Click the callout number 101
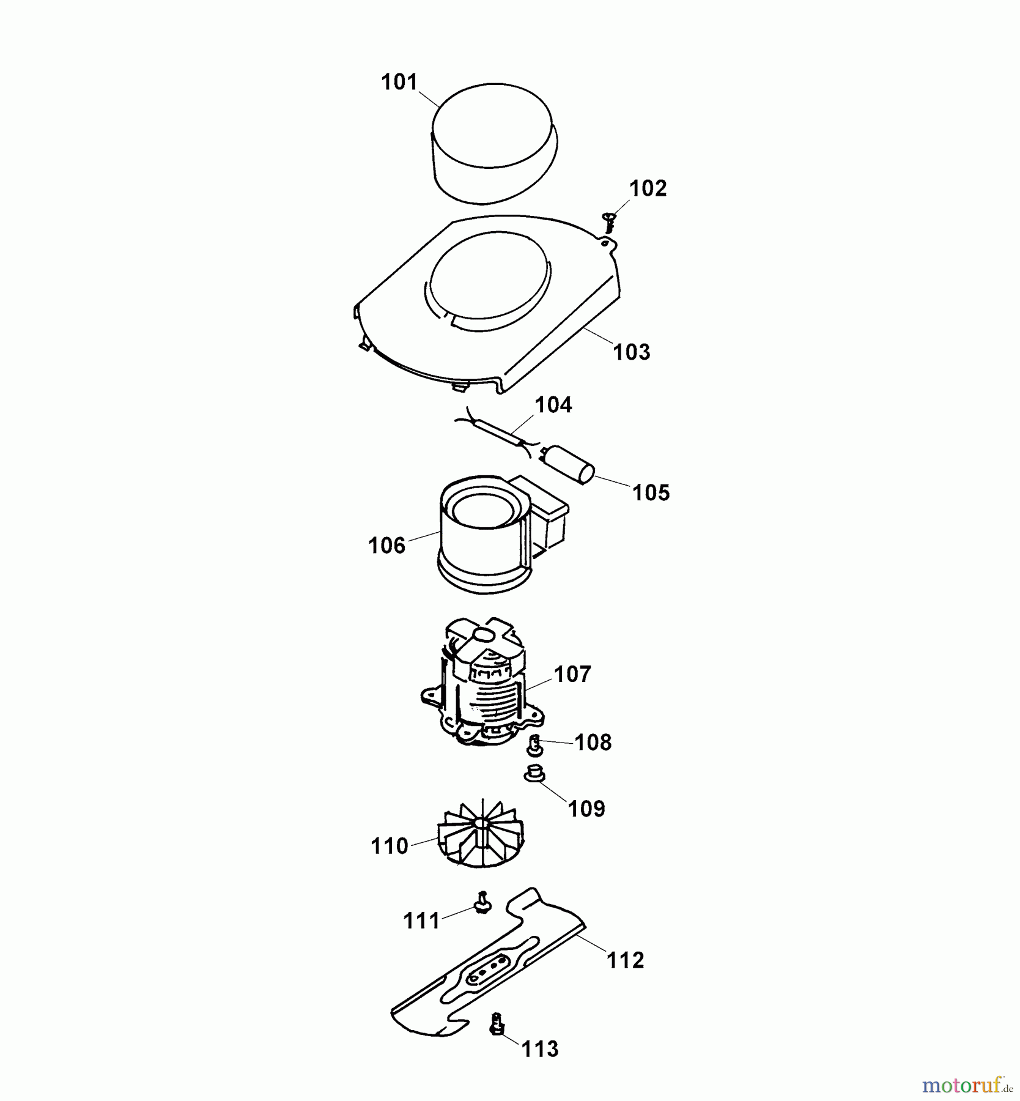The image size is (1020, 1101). [x=399, y=82]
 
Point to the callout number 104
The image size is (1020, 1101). [x=553, y=405]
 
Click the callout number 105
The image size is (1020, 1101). [x=651, y=492]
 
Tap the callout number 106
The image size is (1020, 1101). [x=386, y=545]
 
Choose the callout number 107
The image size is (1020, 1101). [x=572, y=675]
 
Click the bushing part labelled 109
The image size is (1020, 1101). [x=534, y=773]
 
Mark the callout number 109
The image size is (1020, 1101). [x=586, y=809]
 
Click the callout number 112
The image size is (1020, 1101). [x=626, y=960]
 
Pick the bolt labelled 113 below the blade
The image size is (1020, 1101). [x=497, y=1023]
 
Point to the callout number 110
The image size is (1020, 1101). [x=390, y=847]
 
